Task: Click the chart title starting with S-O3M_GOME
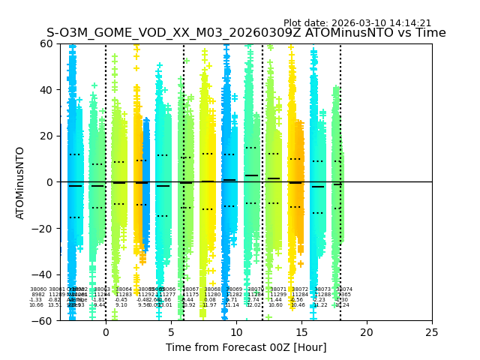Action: click(x=246, y=33)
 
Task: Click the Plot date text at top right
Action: click(x=357, y=23)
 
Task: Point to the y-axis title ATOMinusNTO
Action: click(x=20, y=182)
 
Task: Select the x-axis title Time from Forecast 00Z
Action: click(x=246, y=347)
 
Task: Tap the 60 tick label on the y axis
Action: click(x=46, y=43)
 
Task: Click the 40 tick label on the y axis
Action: click(x=46, y=90)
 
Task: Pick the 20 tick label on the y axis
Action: click(x=46, y=136)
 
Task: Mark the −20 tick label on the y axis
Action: click(x=43, y=228)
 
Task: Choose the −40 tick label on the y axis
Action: click(x=43, y=274)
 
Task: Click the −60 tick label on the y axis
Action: click(x=43, y=320)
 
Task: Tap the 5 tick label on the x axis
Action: click(x=171, y=332)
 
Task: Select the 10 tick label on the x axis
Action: click(x=236, y=332)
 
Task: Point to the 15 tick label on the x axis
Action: click(x=301, y=332)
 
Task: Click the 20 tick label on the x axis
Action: click(x=367, y=332)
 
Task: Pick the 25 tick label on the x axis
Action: click(x=432, y=332)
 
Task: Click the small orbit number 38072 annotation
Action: click(x=300, y=289)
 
